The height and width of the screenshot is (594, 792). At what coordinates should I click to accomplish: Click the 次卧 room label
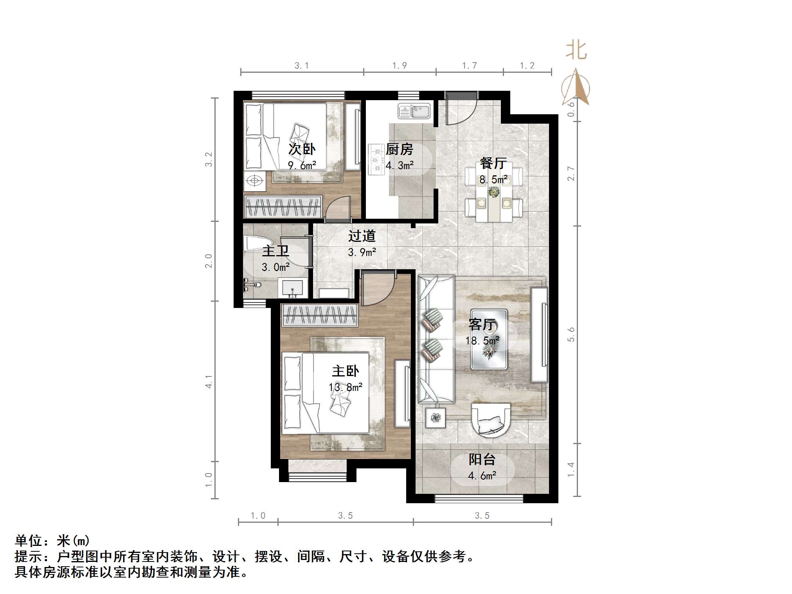coord(302,149)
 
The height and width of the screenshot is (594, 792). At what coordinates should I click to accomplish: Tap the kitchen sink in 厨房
coord(414,111)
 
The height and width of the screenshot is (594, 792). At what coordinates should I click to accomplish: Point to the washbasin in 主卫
coord(292,288)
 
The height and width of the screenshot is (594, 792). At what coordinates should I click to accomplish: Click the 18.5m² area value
coord(482,340)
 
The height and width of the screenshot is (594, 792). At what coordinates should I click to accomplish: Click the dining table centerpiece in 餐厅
coord(493,192)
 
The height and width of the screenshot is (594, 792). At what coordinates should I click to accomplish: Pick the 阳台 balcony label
coord(482,459)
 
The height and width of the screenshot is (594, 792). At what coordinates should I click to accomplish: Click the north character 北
coord(576,51)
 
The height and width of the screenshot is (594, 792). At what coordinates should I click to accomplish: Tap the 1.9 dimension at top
coord(400,66)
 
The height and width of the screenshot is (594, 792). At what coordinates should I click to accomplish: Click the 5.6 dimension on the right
coord(571,335)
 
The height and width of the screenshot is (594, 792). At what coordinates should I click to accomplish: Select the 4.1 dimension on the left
coord(209,382)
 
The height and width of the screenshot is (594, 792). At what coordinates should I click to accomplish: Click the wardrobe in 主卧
coord(319,315)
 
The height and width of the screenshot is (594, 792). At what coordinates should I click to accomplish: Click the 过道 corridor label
coord(362,236)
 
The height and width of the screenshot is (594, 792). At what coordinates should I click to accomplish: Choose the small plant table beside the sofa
coord(435,418)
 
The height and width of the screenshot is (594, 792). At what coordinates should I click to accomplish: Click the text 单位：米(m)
coord(52,541)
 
